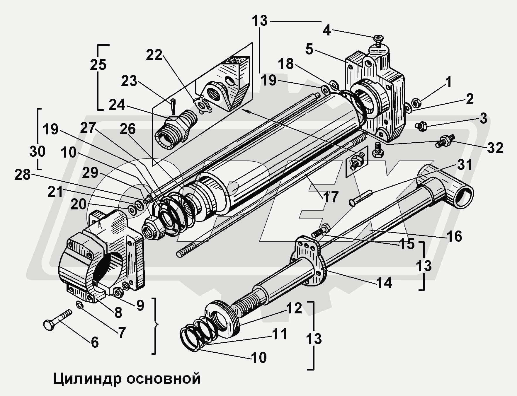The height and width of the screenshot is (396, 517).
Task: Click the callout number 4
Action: tap(327, 30)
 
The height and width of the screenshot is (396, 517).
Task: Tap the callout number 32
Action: tap(495, 148)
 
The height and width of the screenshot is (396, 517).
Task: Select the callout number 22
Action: tap(154, 55)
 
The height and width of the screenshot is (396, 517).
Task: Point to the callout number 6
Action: tap(95, 342)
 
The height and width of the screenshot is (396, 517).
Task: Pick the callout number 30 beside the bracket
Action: tap(38, 151)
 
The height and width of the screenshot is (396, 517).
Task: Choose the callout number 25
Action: tap(98, 65)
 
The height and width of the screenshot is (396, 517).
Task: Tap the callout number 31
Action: tap(465, 165)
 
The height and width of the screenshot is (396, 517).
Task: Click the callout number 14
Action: tap(384, 283)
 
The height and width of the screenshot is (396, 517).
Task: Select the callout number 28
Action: tap(23, 175)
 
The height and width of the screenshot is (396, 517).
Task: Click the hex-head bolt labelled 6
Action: tap(57, 320)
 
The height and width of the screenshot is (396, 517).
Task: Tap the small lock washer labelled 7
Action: tap(80, 305)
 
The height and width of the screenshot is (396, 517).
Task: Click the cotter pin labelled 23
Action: tap(173, 106)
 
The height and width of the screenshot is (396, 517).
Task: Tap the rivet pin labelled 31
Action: tap(360, 198)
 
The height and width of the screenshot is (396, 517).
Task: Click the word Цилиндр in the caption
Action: tap(87, 379)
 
